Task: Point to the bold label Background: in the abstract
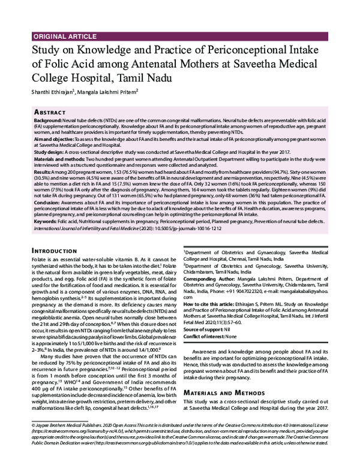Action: tap(49, 121)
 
